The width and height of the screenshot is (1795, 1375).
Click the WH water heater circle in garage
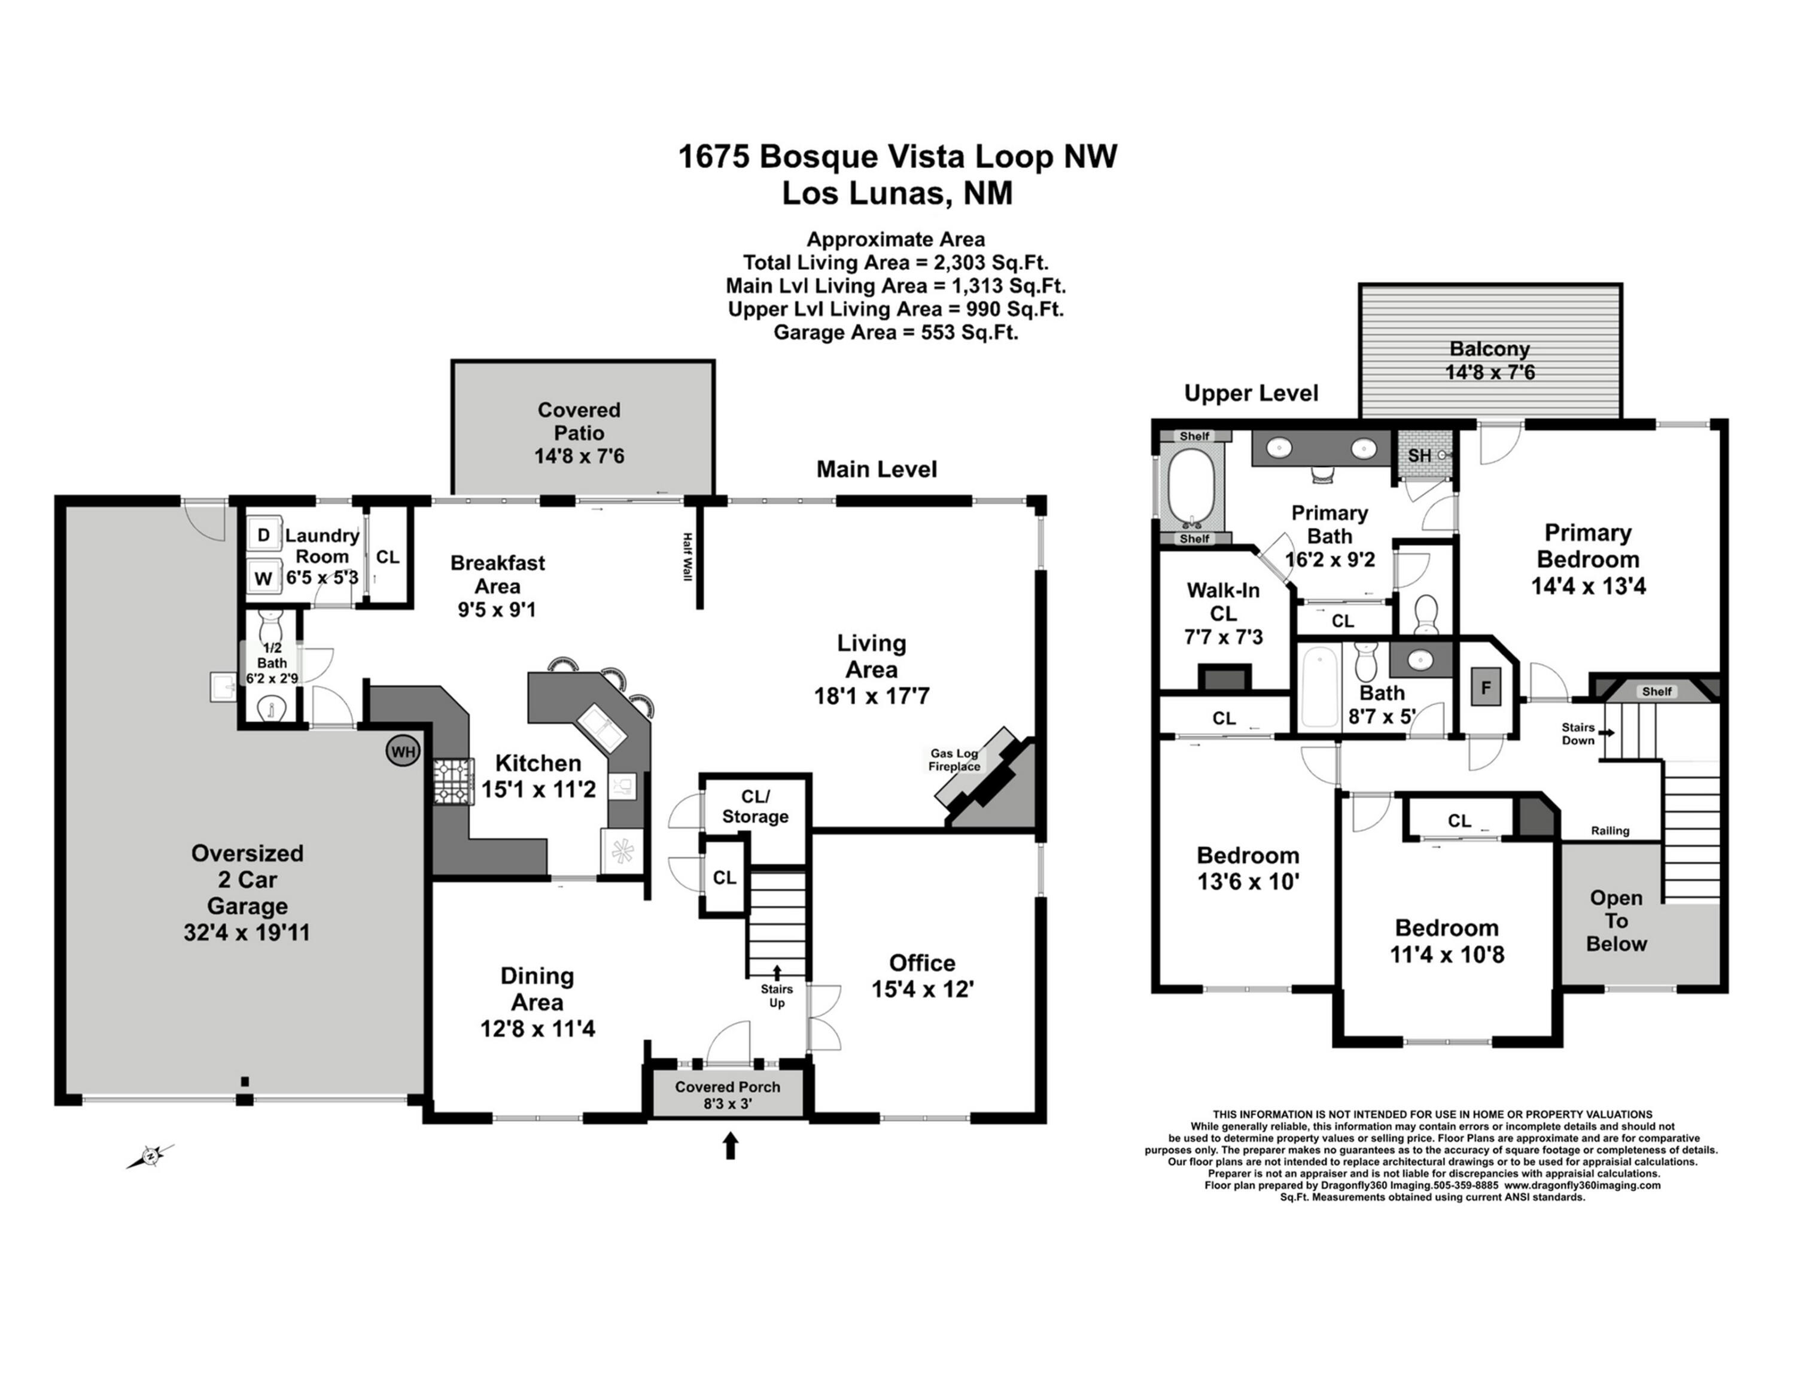coord(402,752)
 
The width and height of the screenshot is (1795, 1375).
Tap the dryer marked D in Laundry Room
coord(263,536)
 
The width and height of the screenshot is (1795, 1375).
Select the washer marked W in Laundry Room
coord(263,578)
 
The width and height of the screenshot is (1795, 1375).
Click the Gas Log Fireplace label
coord(954,759)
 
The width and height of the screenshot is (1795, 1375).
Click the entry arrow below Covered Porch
coord(730,1145)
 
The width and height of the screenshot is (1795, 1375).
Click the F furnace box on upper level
coord(1486,687)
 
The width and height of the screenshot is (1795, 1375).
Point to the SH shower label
coord(1419,455)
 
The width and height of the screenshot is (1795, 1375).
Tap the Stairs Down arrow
coord(1608,732)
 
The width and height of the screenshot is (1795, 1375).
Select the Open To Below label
coord(1616,921)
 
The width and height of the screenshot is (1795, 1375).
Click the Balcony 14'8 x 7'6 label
coord(1489,360)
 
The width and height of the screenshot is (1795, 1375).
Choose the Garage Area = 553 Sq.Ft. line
coord(896,332)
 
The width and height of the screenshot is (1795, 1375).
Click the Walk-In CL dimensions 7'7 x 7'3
coord(1223,637)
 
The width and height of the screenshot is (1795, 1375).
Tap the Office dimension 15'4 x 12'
coord(921,990)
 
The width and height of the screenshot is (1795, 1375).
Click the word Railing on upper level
coord(1609,831)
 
